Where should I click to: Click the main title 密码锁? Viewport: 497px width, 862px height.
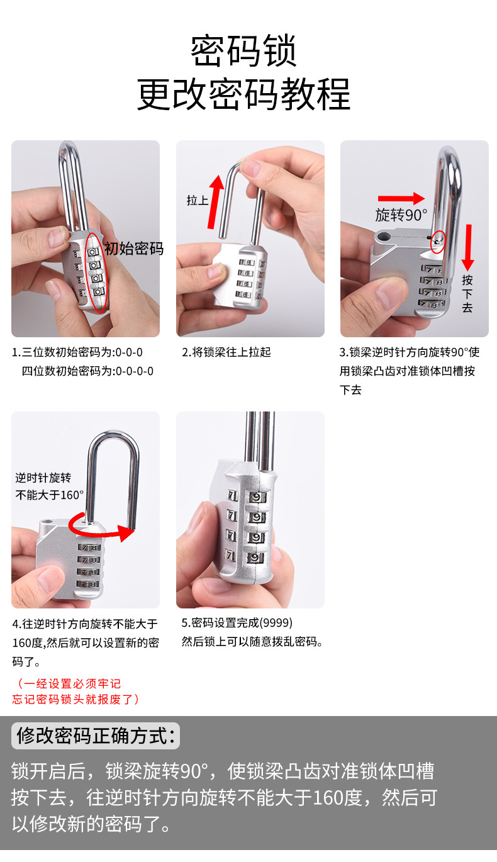pos(243,51)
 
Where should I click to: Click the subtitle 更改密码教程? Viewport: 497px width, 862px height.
pos(243,94)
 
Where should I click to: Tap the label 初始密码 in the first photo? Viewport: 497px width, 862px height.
pos(134,249)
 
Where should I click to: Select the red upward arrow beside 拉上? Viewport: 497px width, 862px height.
pos(215,202)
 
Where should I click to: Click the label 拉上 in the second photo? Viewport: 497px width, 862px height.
pos(198,201)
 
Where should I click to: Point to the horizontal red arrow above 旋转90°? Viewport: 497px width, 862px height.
pos(401,198)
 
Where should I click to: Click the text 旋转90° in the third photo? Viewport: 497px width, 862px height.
pos(401,215)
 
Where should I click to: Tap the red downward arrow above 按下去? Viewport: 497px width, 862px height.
pos(468,247)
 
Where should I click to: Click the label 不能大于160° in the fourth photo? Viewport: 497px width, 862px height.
pos(50,495)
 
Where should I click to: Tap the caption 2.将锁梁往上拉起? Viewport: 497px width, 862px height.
pos(226,352)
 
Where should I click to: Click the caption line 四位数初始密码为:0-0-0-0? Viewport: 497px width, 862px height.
pos(87,371)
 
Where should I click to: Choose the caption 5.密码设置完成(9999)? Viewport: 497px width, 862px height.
pos(237,623)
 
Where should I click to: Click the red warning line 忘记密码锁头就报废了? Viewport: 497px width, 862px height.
pos(75,699)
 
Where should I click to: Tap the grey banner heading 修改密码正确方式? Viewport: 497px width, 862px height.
pos(96,736)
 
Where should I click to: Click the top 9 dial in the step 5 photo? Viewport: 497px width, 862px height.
pos(257,497)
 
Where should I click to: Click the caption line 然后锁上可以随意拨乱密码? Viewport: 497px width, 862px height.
pos(252,642)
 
